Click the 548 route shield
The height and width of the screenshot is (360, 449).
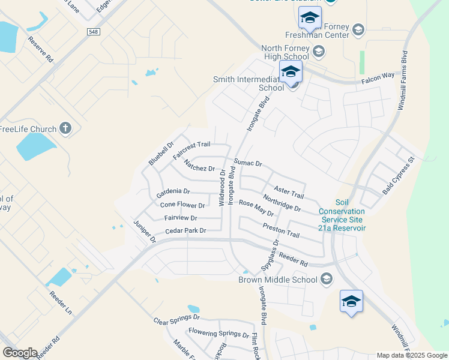(93, 32)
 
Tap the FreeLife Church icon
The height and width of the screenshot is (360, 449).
(66, 128)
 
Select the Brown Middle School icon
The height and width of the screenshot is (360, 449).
(327, 279)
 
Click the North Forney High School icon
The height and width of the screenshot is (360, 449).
(318, 52)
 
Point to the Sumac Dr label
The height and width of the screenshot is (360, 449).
(248, 163)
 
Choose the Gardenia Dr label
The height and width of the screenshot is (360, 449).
(173, 192)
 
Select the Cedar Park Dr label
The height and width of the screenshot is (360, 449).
(185, 230)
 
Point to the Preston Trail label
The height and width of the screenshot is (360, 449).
(280, 230)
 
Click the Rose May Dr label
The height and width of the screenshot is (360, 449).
(256, 208)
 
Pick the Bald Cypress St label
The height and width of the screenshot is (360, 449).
(399, 176)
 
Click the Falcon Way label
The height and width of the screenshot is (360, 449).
(378, 78)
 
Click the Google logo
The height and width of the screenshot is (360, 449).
(20, 353)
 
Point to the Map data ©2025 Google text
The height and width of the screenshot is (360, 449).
(411, 355)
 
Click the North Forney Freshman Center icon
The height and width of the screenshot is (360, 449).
(358, 29)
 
